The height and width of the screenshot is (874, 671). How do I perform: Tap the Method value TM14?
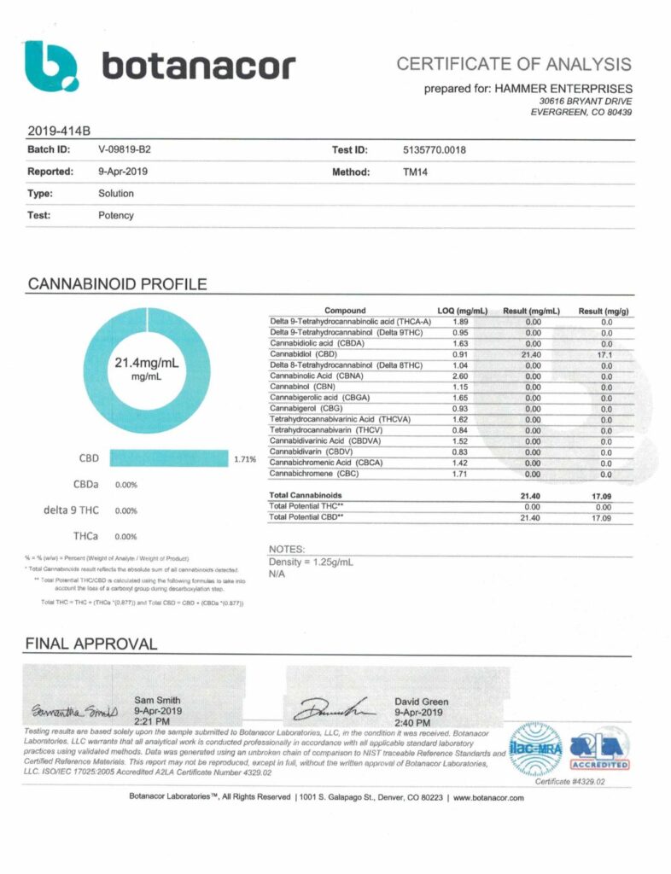416,172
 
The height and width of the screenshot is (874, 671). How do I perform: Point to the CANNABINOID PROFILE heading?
116,283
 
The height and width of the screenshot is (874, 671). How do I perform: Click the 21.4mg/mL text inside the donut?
147,363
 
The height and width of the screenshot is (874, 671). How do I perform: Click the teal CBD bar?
169,458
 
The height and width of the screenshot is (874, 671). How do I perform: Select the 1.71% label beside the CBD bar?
245,459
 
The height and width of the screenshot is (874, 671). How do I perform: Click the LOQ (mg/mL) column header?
461,310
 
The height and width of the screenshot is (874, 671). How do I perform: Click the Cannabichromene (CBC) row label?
314,473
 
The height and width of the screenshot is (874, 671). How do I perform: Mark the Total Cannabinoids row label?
306,495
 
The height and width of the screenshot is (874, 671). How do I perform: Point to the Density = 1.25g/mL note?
311,563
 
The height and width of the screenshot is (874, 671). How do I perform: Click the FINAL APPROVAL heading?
91,644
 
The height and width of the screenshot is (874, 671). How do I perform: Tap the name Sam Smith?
157,700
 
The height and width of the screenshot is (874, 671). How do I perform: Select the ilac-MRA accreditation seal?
534,749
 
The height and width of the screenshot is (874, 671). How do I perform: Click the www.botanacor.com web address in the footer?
483,798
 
